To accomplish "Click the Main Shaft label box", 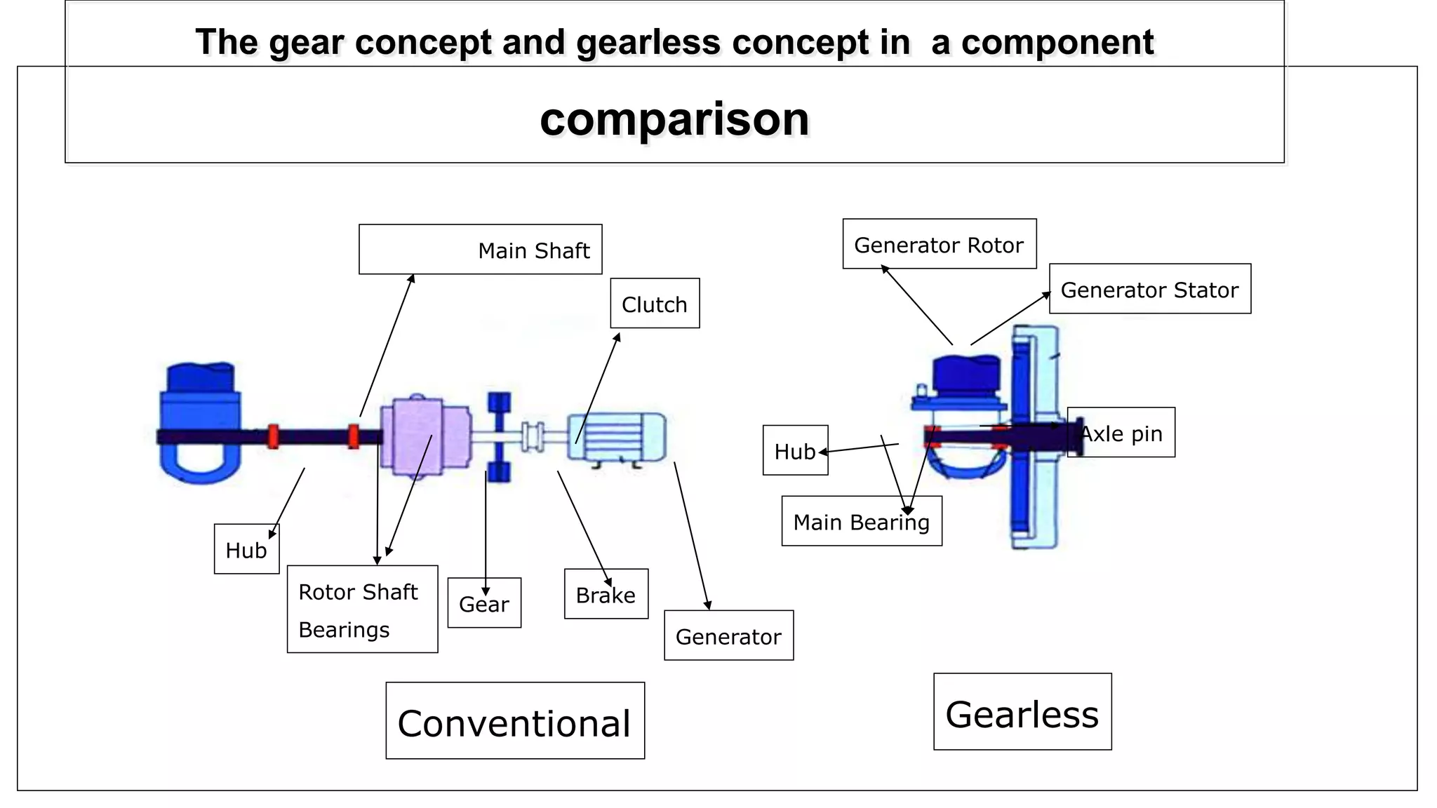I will coord(481,250).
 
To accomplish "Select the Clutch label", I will coord(655,304).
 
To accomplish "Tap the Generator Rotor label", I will coord(939,244).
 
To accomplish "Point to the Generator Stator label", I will coord(1149,289).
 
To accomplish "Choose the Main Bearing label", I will coord(861,521).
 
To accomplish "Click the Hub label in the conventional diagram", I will coord(246,549).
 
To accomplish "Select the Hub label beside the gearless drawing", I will coord(795,450).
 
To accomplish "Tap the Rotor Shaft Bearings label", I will coord(362,609).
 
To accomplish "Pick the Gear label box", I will coord(484,602).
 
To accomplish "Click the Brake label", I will coord(606,594).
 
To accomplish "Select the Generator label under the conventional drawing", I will coord(728,635).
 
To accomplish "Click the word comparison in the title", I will coord(674,119).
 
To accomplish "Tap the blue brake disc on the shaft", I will coord(499,437).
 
